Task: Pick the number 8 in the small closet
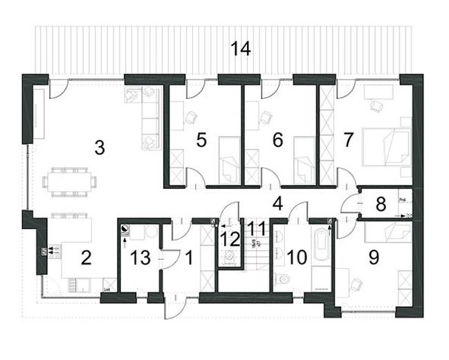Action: pos(380,206)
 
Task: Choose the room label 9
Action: pos(374,258)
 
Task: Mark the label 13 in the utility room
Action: pos(140,258)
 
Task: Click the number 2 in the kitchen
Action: pos(86,258)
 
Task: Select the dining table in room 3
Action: pos(70,181)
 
